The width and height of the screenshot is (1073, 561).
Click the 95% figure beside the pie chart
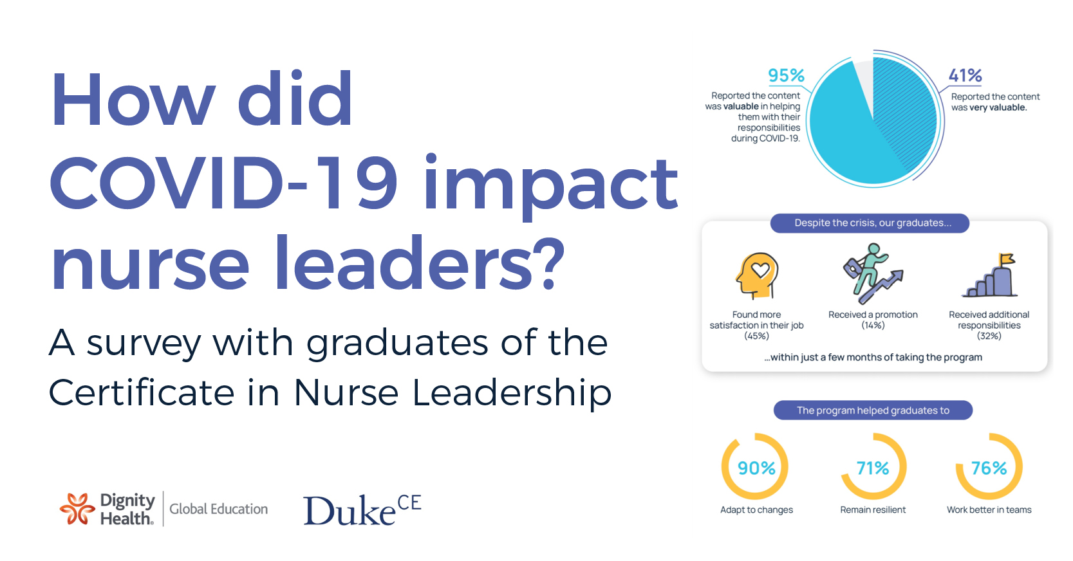tap(786, 76)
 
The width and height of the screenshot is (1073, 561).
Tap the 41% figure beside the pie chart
tap(965, 76)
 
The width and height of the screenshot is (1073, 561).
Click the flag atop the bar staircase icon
tap(1005, 260)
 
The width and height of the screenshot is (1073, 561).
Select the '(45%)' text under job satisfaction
tap(756, 336)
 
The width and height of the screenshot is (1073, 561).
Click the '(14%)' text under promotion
tap(873, 326)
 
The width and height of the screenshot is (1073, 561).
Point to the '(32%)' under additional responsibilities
tap(989, 336)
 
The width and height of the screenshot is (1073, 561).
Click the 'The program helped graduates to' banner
tap(873, 410)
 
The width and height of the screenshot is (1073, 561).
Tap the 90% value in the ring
tap(756, 468)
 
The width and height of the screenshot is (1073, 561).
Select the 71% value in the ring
tap(873, 468)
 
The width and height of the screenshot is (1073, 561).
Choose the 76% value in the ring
tap(989, 468)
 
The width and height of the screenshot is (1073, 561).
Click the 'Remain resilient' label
tap(873, 510)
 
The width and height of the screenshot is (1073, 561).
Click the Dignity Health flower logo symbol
tap(77, 509)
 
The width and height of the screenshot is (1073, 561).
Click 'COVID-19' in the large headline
tap(223, 184)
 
